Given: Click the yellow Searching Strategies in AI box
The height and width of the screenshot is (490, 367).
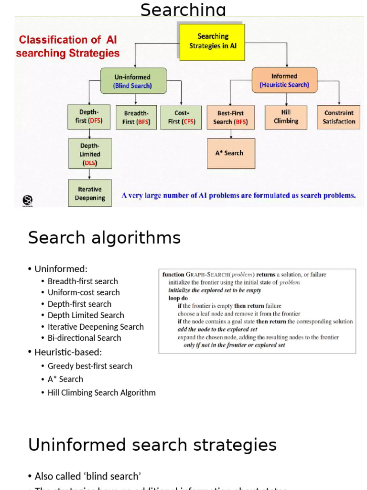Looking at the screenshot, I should point(213,42).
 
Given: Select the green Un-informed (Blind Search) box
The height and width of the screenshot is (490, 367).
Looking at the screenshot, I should point(133,81).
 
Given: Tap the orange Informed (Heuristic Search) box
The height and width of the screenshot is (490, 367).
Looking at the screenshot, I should point(284,80).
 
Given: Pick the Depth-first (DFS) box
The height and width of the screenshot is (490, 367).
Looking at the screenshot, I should point(89,117).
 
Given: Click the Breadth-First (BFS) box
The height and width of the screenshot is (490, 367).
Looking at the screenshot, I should point(136,118).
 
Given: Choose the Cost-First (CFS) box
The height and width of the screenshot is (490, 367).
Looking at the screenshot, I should point(182,118).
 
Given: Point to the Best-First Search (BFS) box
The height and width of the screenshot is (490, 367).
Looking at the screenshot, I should point(231,118).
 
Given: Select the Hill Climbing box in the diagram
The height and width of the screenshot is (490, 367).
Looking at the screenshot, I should point(286,117).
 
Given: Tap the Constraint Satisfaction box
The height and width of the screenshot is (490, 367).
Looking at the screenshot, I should point(338,117).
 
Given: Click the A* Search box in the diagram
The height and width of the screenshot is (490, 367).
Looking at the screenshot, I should point(231,153).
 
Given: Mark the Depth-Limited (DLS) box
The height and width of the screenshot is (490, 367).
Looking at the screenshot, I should point(90,154).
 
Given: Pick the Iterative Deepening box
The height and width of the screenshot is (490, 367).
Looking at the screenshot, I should point(90,193).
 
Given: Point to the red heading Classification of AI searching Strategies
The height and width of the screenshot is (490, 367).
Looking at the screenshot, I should point(67,46).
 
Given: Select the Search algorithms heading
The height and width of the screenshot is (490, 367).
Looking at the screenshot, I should point(104,238).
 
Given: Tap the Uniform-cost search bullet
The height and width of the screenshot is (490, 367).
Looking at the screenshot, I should point(84,292).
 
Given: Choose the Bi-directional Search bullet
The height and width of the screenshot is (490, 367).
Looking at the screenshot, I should point(84,338).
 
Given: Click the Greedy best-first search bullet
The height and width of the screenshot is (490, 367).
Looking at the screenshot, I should point(90,366).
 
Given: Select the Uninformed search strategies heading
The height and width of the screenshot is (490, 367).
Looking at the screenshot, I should point(152,445).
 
